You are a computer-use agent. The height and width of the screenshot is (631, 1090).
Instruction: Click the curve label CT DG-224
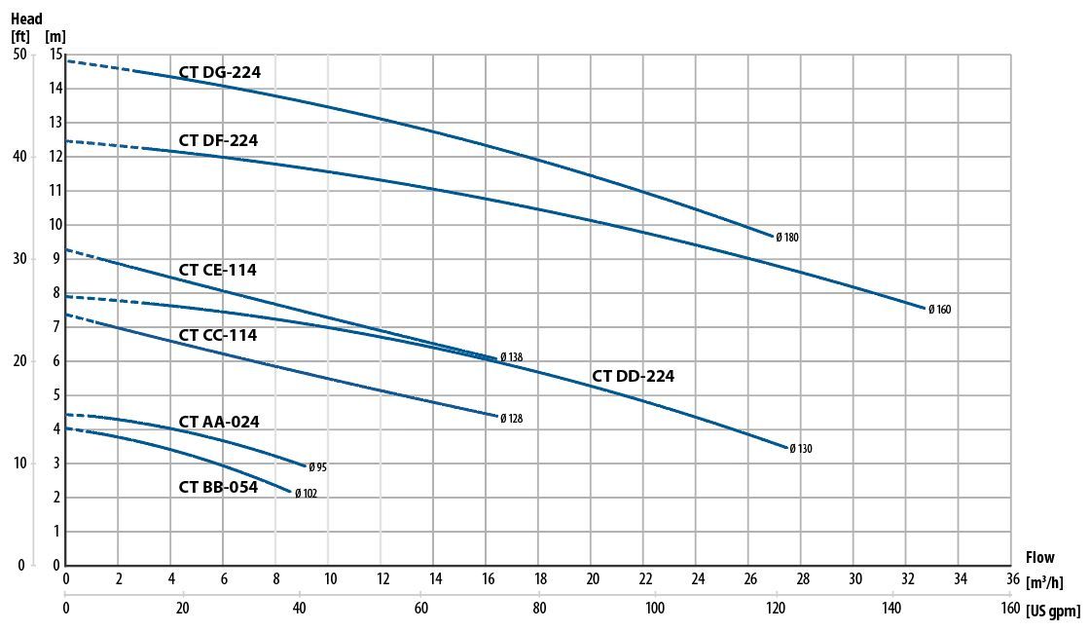point(219,72)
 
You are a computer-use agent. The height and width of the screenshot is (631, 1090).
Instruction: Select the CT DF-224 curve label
point(218,141)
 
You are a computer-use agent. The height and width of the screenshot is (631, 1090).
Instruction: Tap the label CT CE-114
point(217,270)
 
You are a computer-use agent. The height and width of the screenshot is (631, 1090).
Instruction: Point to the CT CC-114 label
point(217,335)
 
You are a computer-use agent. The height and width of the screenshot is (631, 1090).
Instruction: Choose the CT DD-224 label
point(633,376)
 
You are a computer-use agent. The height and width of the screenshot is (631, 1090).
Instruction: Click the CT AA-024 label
point(219,422)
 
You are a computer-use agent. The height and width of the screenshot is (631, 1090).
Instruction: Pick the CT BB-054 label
point(218,487)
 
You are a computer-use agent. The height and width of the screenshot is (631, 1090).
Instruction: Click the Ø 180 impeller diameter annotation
point(787,237)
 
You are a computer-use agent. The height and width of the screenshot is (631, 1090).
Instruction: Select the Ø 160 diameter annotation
point(939,310)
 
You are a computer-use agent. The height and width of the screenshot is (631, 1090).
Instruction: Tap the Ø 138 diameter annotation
point(511,357)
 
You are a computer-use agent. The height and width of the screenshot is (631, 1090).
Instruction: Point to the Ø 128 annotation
point(511,419)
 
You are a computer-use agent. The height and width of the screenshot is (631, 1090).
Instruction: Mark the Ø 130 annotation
point(800,449)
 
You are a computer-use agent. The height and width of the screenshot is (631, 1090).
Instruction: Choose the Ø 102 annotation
point(306,494)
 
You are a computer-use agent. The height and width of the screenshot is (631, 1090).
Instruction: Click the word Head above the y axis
point(26,17)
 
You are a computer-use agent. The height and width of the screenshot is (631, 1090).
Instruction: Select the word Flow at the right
point(1039,558)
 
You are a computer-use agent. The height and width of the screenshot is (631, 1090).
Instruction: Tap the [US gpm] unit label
point(1053,610)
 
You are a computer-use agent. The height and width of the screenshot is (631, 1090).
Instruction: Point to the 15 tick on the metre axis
point(55,54)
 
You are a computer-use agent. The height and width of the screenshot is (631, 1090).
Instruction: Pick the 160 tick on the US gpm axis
point(1009,609)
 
